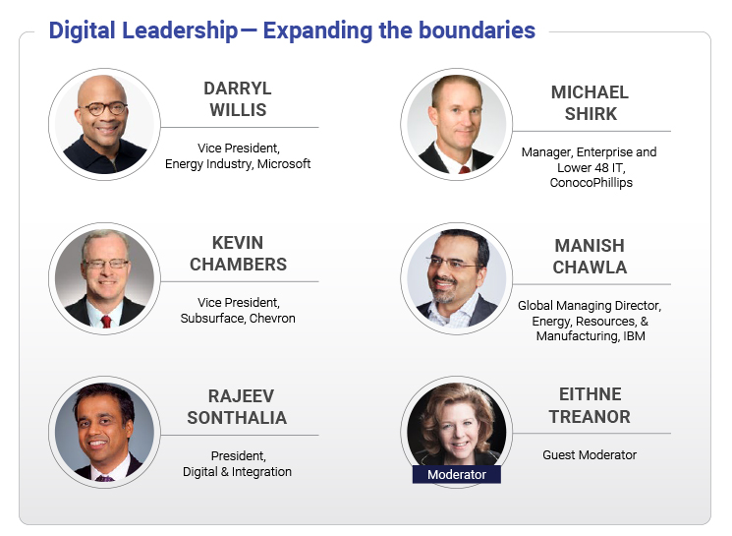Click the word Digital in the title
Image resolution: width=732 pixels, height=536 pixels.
click(x=82, y=30)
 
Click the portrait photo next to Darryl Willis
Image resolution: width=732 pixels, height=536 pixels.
click(x=104, y=124)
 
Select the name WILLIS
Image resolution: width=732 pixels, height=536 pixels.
click(x=238, y=110)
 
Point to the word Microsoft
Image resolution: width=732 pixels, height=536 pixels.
click(x=284, y=164)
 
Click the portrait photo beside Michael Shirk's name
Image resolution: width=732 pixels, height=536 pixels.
click(x=457, y=124)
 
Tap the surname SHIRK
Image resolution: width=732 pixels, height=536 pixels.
click(x=591, y=114)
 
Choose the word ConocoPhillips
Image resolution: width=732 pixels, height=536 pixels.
click(x=591, y=182)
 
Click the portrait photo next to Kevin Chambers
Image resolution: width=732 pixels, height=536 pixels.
click(x=104, y=278)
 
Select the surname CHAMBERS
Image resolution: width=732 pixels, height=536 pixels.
click(x=238, y=265)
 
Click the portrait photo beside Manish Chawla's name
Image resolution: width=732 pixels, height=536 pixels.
click(x=457, y=278)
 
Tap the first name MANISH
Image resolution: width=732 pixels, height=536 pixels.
click(x=590, y=246)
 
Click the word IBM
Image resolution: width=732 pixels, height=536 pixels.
click(x=634, y=336)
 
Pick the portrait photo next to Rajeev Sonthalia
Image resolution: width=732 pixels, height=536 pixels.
click(x=104, y=433)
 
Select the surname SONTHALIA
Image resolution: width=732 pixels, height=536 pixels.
click(x=237, y=418)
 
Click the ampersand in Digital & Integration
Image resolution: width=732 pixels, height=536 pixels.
click(x=225, y=472)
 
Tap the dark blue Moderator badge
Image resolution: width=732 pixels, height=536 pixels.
click(x=457, y=474)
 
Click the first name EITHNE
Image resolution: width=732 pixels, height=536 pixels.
click(x=591, y=394)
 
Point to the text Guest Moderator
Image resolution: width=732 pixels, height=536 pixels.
click(x=590, y=455)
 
